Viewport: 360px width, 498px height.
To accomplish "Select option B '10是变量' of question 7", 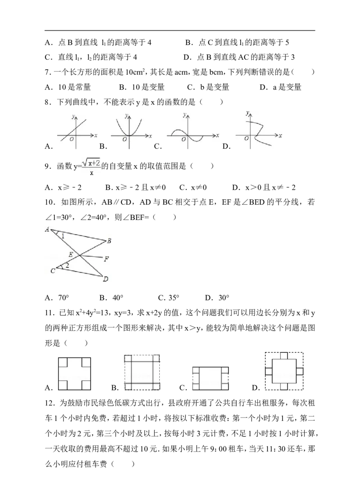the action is tap(142, 87).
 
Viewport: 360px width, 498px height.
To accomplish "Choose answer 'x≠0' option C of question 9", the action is tap(193, 188).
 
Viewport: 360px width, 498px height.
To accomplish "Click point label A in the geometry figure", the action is tap(47, 229).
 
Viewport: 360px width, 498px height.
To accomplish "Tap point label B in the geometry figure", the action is tap(109, 241).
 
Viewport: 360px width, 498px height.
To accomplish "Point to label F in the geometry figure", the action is tap(107, 259).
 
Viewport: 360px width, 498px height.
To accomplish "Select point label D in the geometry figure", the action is tap(105, 279).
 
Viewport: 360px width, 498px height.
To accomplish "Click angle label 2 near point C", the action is tap(67, 265).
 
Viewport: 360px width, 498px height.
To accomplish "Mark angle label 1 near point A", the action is tap(63, 236).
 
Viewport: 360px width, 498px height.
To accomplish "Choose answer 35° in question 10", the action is tap(169, 298).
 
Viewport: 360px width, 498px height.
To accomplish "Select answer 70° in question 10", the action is tap(57, 298).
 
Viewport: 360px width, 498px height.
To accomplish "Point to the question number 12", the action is tap(50, 403).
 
